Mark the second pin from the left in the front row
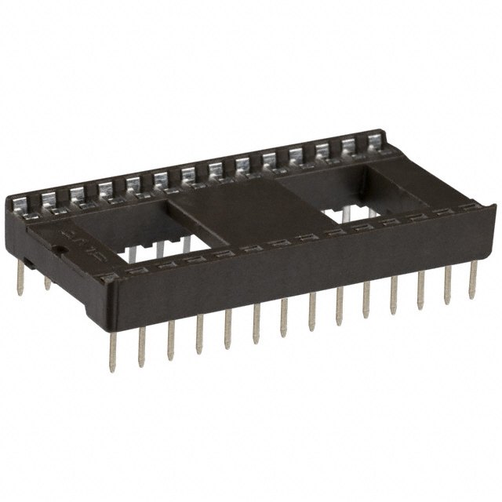(x=142, y=346)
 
